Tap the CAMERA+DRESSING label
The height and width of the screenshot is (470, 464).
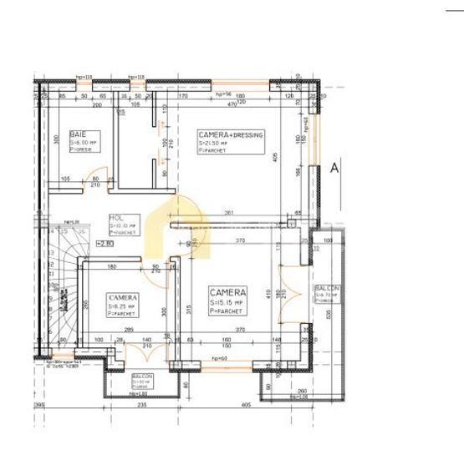(x=231, y=134)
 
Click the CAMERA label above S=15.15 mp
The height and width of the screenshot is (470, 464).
(x=227, y=292)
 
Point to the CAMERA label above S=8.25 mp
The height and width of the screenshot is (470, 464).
(x=123, y=296)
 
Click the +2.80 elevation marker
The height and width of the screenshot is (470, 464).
(x=105, y=244)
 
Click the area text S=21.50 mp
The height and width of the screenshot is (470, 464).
(x=216, y=144)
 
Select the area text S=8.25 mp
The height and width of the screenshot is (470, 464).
(x=122, y=306)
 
